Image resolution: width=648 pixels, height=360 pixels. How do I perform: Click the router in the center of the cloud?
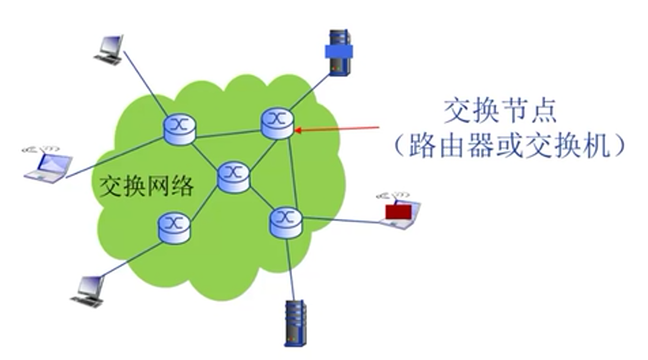coord(233,177)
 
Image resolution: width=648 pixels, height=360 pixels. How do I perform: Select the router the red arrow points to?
coord(277,123)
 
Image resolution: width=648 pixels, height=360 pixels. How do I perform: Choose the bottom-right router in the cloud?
coord(286,222)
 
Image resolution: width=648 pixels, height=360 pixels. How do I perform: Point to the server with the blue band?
coord(339,53)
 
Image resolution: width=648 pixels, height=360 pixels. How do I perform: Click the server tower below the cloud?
coord(295,323)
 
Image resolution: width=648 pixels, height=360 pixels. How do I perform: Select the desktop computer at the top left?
coord(109,50)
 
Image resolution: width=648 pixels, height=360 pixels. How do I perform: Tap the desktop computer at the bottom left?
coord(89,291)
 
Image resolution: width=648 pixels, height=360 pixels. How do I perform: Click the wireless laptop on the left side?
coord(48,164)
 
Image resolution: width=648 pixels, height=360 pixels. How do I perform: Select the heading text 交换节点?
coord(500,112)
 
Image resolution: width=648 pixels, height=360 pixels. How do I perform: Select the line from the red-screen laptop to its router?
coord(341,219)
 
